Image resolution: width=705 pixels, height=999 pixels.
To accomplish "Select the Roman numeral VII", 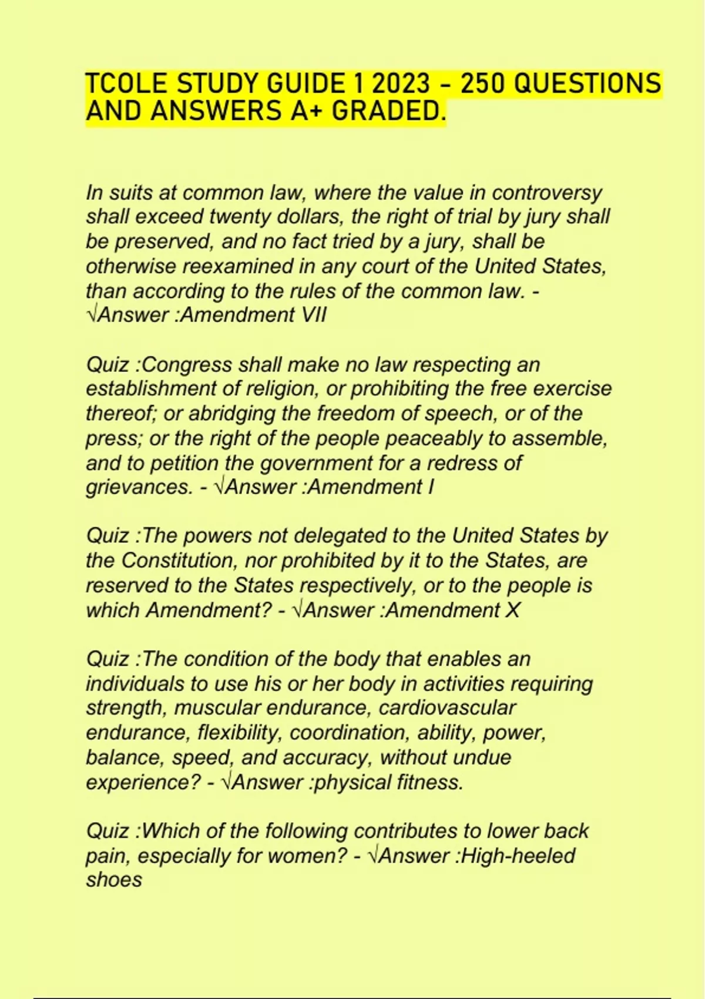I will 313,315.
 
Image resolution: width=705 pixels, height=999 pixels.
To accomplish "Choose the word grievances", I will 139,487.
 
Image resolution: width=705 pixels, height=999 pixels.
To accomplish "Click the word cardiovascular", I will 447,708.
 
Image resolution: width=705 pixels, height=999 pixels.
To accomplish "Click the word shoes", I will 114,880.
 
